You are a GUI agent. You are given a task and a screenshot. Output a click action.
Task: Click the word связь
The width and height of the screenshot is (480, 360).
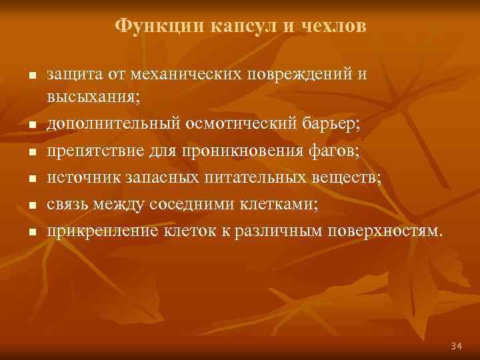tap(69, 205)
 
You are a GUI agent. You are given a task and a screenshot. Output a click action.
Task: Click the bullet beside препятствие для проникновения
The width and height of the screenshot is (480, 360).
tap(30, 153)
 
